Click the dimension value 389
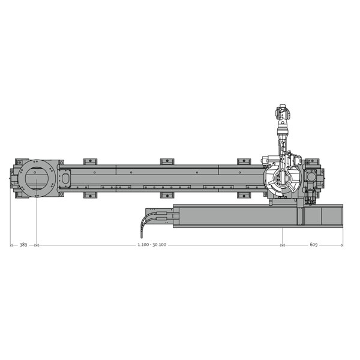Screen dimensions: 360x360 point(23,245)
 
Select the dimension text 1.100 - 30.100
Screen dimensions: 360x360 point(152,245)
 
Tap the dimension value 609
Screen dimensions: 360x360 point(313,245)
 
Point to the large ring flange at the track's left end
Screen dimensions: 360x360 point(37,178)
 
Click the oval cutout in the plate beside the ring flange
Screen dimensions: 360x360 point(65,178)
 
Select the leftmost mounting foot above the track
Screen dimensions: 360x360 point(90,161)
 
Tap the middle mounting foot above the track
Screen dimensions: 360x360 point(167,161)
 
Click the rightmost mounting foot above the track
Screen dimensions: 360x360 point(244,161)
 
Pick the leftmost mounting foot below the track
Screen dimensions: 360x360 point(90,196)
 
